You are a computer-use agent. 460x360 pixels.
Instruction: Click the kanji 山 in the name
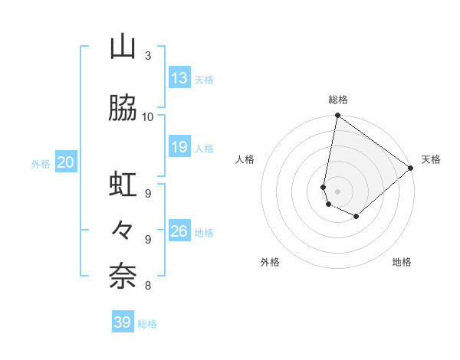(x=123, y=47)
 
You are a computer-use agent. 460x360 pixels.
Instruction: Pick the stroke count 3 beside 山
(x=147, y=55)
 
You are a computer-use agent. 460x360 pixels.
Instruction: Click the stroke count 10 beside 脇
(x=148, y=116)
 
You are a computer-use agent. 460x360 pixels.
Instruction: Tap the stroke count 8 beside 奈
(x=147, y=286)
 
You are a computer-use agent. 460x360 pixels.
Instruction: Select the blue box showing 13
(x=179, y=78)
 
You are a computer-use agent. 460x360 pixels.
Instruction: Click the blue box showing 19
(x=179, y=147)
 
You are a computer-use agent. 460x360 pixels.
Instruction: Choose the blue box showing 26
(x=179, y=231)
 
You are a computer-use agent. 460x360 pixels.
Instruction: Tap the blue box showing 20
(x=66, y=162)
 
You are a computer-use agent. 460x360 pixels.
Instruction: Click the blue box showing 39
(x=123, y=322)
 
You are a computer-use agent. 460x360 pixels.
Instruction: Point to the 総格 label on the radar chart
(x=337, y=100)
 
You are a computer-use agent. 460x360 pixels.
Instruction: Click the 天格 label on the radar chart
(x=431, y=159)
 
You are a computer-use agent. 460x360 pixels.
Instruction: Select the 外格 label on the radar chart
(x=270, y=262)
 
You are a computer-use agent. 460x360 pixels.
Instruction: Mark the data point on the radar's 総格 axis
(x=337, y=116)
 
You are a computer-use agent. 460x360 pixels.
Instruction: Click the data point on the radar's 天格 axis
(x=411, y=168)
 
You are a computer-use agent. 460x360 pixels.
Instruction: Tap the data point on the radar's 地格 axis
(x=356, y=217)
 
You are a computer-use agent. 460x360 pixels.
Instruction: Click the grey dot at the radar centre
(x=337, y=191)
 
